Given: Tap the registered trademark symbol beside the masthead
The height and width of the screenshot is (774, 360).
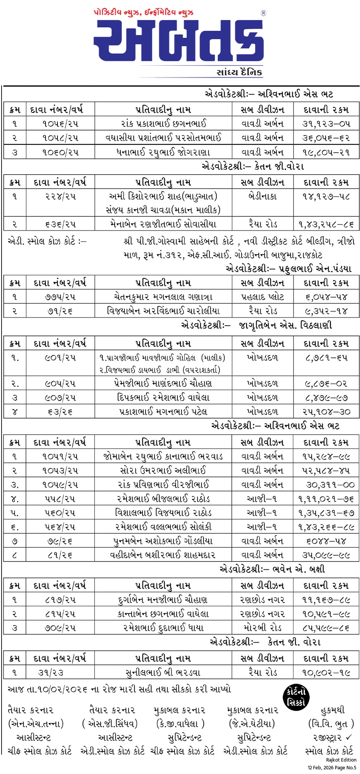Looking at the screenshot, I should pyautogui.click(x=263, y=13).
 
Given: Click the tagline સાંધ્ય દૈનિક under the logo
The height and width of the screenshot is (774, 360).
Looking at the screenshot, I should pyautogui.click(x=239, y=72).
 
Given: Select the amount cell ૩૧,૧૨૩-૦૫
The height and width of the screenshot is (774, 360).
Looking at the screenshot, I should pyautogui.click(x=326, y=124).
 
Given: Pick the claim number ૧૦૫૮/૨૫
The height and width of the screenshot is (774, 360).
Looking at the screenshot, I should pyautogui.click(x=60, y=138).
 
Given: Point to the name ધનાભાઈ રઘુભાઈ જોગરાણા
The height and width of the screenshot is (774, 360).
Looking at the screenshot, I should pyautogui.click(x=163, y=152).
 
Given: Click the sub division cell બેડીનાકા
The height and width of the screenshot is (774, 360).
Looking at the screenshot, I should pyautogui.click(x=263, y=196).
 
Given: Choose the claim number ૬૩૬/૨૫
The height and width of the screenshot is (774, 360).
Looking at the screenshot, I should pyautogui.click(x=60, y=224).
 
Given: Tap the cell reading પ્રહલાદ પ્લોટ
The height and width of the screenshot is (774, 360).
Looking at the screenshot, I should pyautogui.click(x=263, y=297).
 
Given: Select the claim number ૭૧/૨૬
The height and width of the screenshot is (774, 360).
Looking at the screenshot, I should pyautogui.click(x=60, y=311).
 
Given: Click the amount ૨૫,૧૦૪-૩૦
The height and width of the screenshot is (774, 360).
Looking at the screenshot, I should pyautogui.click(x=326, y=411).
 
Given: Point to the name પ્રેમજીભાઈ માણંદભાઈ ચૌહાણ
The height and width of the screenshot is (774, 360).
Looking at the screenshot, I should pyautogui.click(x=163, y=384).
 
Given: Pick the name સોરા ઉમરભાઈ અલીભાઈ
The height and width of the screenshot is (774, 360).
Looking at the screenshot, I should pyautogui.click(x=163, y=470).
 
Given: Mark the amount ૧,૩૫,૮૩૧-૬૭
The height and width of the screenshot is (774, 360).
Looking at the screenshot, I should pyautogui.click(x=326, y=513).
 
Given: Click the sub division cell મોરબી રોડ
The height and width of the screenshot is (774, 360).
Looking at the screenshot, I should pyautogui.click(x=263, y=628).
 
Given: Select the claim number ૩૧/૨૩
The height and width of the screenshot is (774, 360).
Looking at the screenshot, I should pyautogui.click(x=50, y=672).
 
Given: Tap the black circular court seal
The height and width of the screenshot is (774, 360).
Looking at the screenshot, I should pyautogui.click(x=296, y=697).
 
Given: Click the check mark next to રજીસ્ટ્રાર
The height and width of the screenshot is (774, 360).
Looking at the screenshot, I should pyautogui.click(x=349, y=737).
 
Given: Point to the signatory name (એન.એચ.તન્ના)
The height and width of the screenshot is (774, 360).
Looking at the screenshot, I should pyautogui.click(x=36, y=724).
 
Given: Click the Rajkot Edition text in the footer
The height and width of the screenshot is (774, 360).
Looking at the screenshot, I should pyautogui.click(x=341, y=760).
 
